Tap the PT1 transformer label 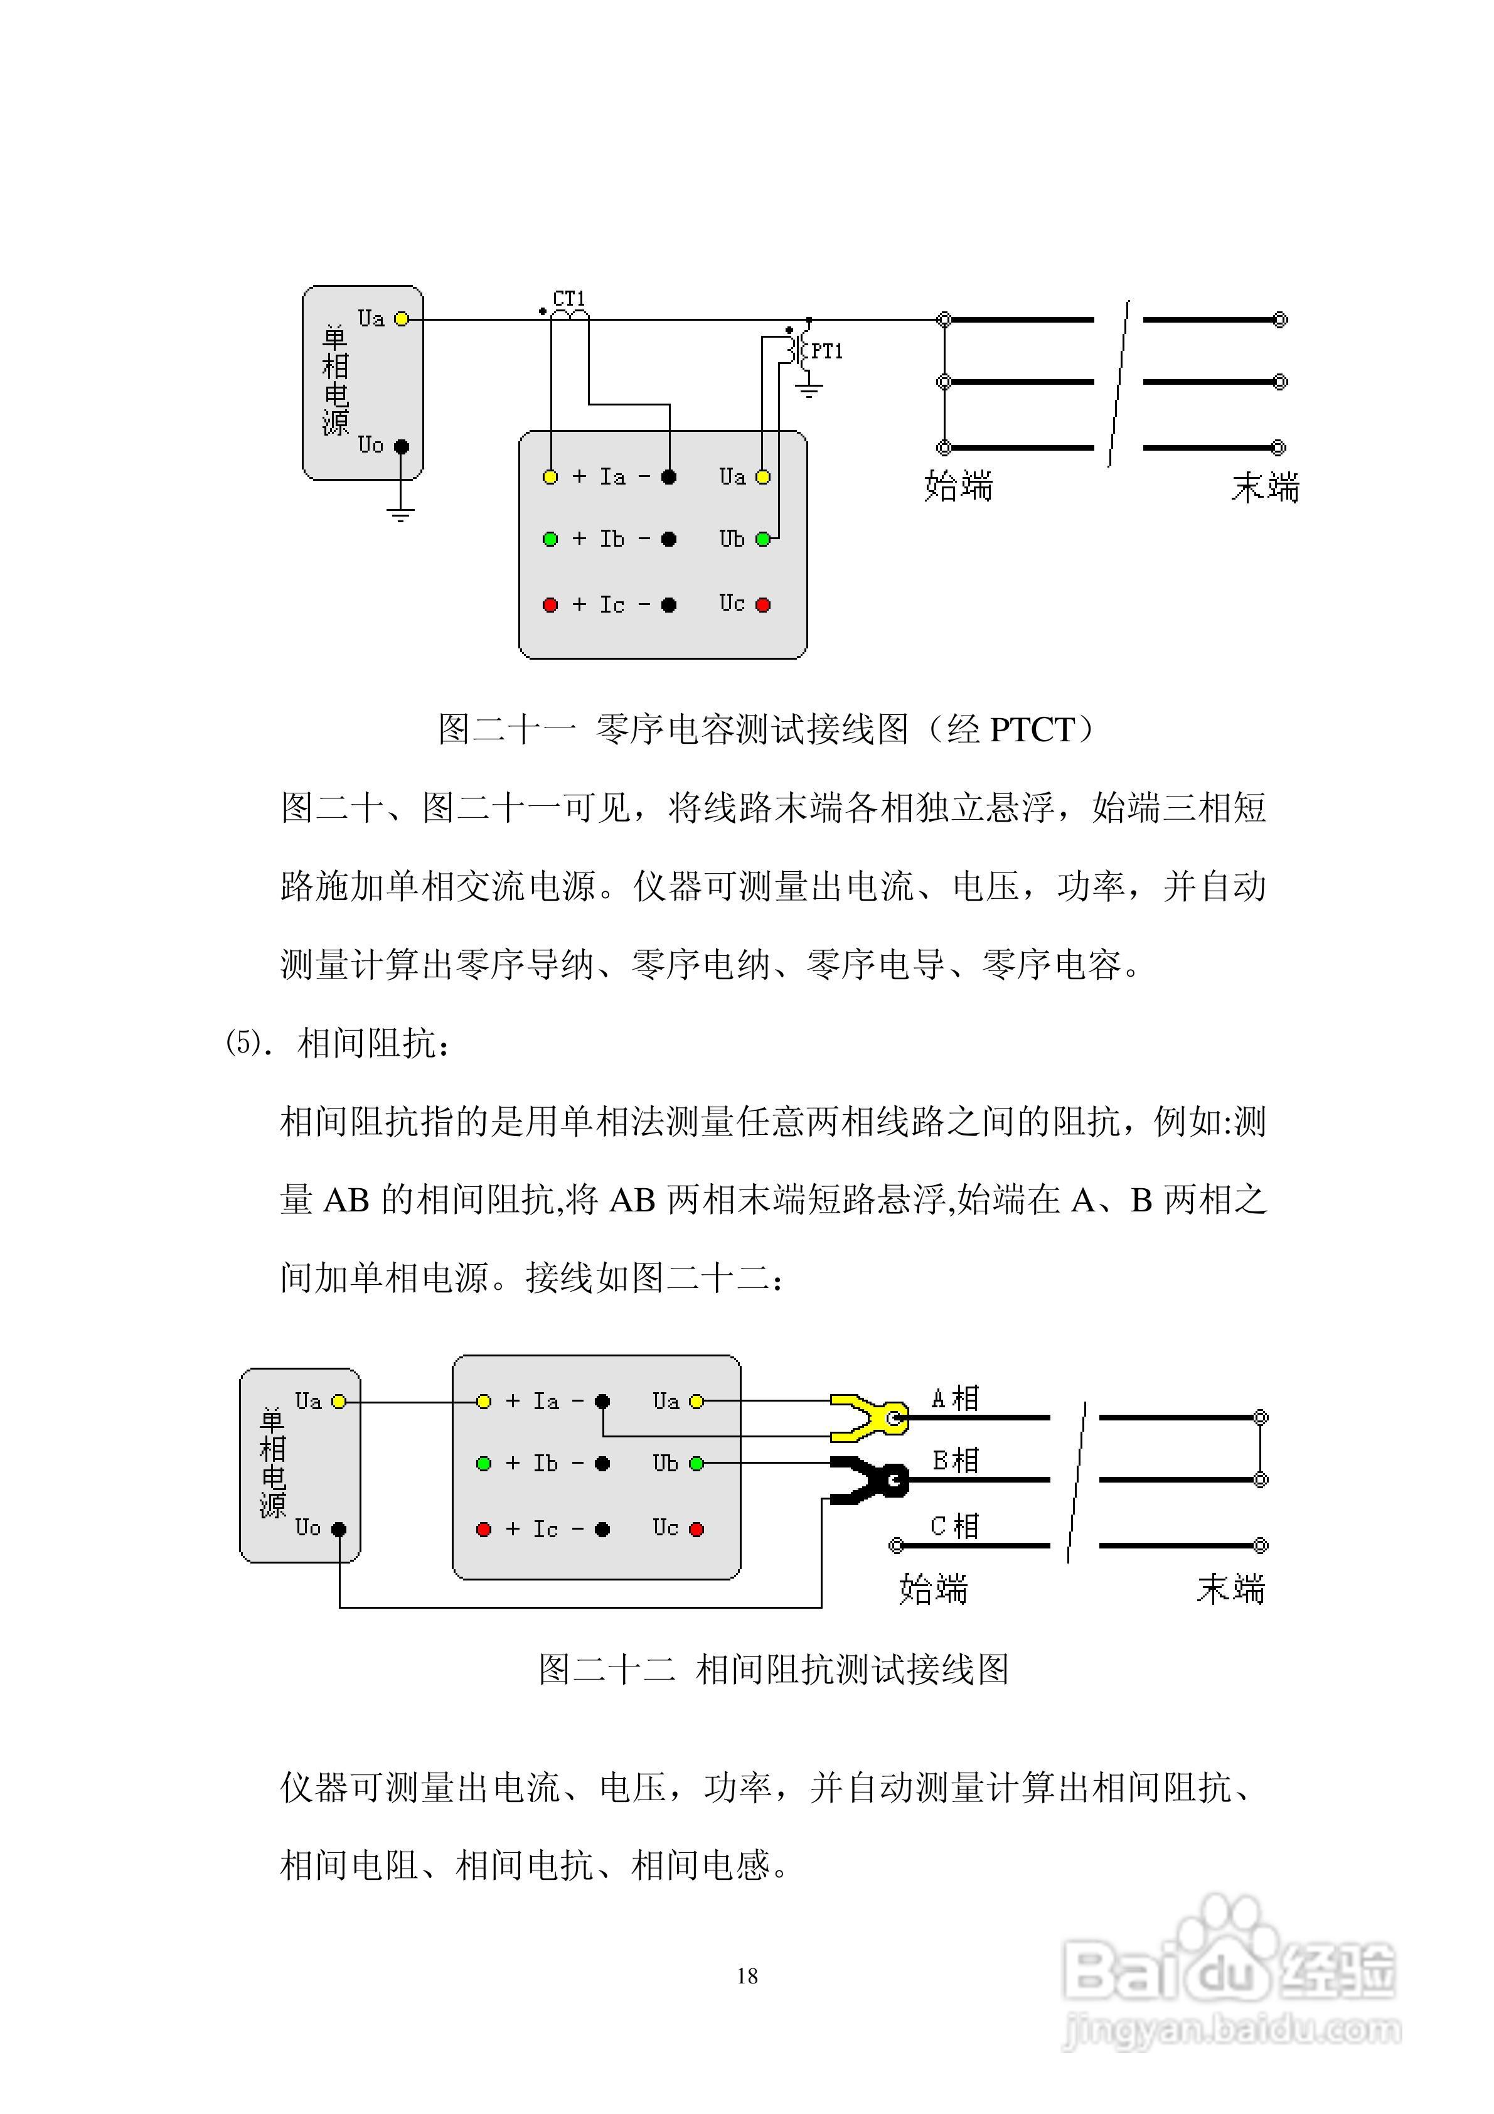coord(826,351)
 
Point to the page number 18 coord(747,1976)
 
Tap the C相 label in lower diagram coord(954,1526)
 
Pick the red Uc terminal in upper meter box coord(763,605)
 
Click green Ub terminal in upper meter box coord(763,539)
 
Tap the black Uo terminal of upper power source coord(402,446)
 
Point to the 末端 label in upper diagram coord(1265,487)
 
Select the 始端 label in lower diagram coord(934,1588)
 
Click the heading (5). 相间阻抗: coord(338,1044)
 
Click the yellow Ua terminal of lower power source coord(339,1402)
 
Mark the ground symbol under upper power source coord(400,514)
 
